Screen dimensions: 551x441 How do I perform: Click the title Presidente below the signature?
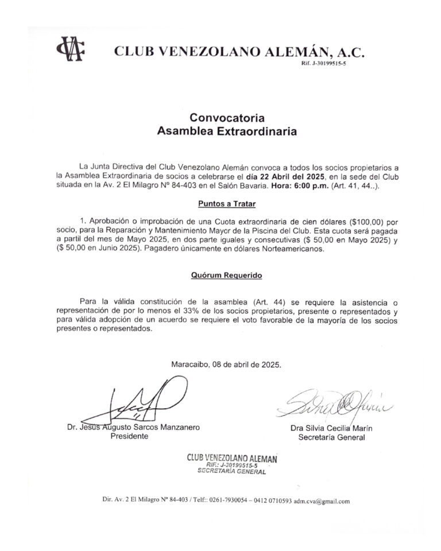click(x=129, y=436)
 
